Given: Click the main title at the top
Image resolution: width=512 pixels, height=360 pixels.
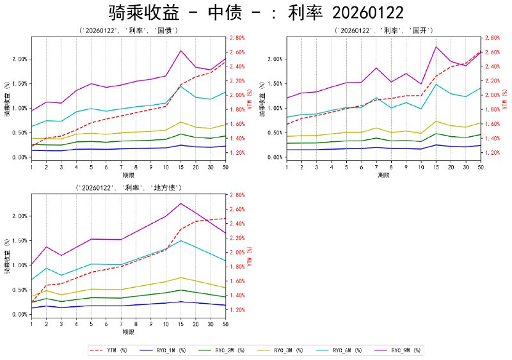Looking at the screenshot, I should pos(256,13).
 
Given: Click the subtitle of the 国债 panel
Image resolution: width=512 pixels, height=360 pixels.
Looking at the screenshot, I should pos(128,31).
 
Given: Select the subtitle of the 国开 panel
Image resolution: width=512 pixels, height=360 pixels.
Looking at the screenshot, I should pos(384,31).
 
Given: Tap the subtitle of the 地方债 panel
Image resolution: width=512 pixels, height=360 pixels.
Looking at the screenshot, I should pos(128,188).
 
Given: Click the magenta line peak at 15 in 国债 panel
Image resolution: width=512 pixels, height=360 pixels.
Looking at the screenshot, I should pos(181,51).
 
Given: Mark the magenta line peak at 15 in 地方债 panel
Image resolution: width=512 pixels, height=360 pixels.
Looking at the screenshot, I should pos(181,203).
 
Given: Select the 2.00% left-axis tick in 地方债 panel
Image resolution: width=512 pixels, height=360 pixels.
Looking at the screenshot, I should pos(19,216).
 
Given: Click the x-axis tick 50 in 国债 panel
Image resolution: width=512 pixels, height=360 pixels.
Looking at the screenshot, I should pos(225,168).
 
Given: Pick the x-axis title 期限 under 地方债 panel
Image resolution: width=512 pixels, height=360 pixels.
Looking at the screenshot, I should pos(128,333).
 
